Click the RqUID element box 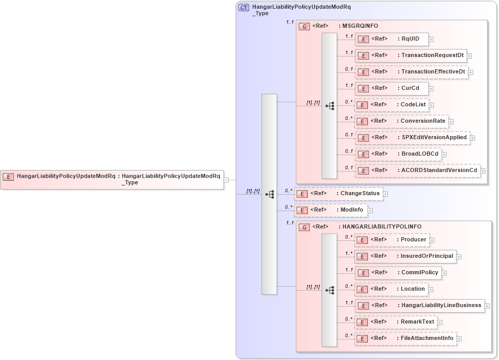(391, 39)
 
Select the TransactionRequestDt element (411, 55)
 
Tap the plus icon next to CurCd (431, 88)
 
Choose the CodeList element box (392, 105)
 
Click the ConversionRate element (401, 121)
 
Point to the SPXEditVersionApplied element (412, 138)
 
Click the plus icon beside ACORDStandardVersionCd (483, 170)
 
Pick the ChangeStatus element (339, 194)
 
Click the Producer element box (392, 240)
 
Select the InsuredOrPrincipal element (405, 256)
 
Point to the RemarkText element (396, 322)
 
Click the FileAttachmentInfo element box (405, 338)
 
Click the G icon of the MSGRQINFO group (304, 26)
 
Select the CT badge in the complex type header (244, 8)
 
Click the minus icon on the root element (227, 180)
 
